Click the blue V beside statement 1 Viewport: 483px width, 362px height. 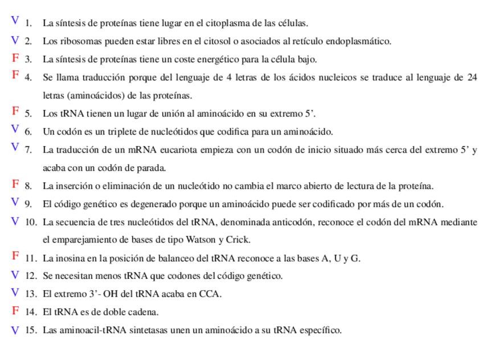pyautogui.click(x=15, y=21)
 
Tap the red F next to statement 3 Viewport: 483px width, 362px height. pyautogui.click(x=15, y=57)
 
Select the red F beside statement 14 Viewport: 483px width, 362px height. pyautogui.click(x=15, y=311)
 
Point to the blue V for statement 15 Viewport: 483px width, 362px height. pyautogui.click(x=15, y=330)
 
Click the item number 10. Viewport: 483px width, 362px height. pyautogui.click(x=31, y=222)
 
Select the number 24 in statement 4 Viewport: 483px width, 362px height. pyautogui.click(x=472, y=77)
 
